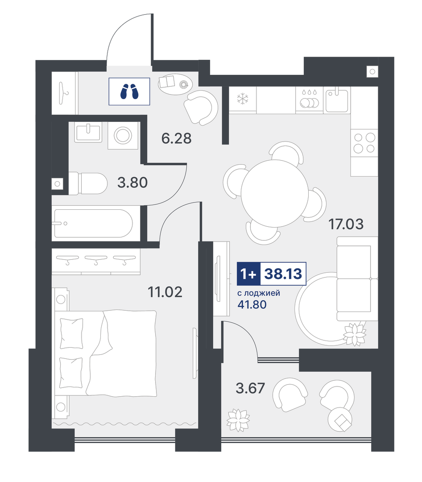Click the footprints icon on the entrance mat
[129, 91]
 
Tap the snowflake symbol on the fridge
[243, 99]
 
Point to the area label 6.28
[176, 138]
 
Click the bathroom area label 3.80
[132, 183]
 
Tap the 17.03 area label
[346, 224]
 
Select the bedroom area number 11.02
[165, 292]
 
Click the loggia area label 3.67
[250, 388]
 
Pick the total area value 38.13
[283, 273]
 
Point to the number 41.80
[252, 304]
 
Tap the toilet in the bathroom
[87, 183]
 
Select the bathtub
[93, 224]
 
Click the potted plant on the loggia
[238, 420]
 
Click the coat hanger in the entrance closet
[64, 93]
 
